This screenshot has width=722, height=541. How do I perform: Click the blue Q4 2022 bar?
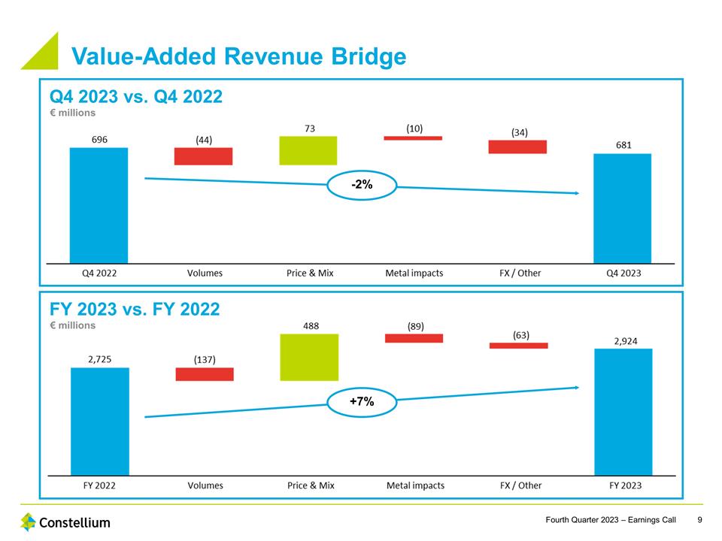click(x=99, y=204)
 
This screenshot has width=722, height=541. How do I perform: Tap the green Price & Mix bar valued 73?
click(x=308, y=150)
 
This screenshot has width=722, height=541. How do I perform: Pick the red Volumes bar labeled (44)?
click(x=203, y=156)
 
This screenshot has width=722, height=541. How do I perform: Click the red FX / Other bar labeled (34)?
click(x=517, y=147)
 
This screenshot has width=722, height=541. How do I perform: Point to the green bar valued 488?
click(x=309, y=357)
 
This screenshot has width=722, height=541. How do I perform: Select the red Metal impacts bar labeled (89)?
click(x=414, y=338)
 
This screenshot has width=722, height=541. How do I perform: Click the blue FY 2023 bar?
click(x=623, y=412)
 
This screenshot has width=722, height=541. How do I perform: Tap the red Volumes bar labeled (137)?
click(x=205, y=374)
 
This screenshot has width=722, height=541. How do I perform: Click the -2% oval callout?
click(x=362, y=185)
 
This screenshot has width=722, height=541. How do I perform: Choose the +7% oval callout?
click(x=362, y=402)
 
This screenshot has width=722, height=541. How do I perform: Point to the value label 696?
click(x=99, y=140)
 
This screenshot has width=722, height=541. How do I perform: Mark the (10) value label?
click(x=414, y=128)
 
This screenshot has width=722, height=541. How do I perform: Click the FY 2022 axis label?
click(x=99, y=485)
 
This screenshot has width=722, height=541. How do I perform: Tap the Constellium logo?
click(x=65, y=521)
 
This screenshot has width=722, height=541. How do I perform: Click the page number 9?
click(x=700, y=520)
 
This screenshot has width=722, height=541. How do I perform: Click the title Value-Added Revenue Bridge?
click(x=238, y=56)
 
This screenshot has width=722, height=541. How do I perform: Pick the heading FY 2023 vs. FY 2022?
click(x=135, y=309)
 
